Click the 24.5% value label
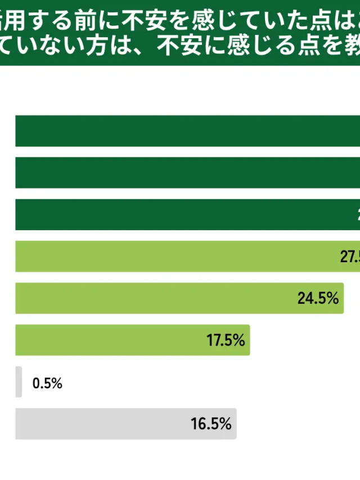point(318,298)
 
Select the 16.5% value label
point(211,424)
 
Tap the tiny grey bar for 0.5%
point(19,382)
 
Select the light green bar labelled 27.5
point(169,257)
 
